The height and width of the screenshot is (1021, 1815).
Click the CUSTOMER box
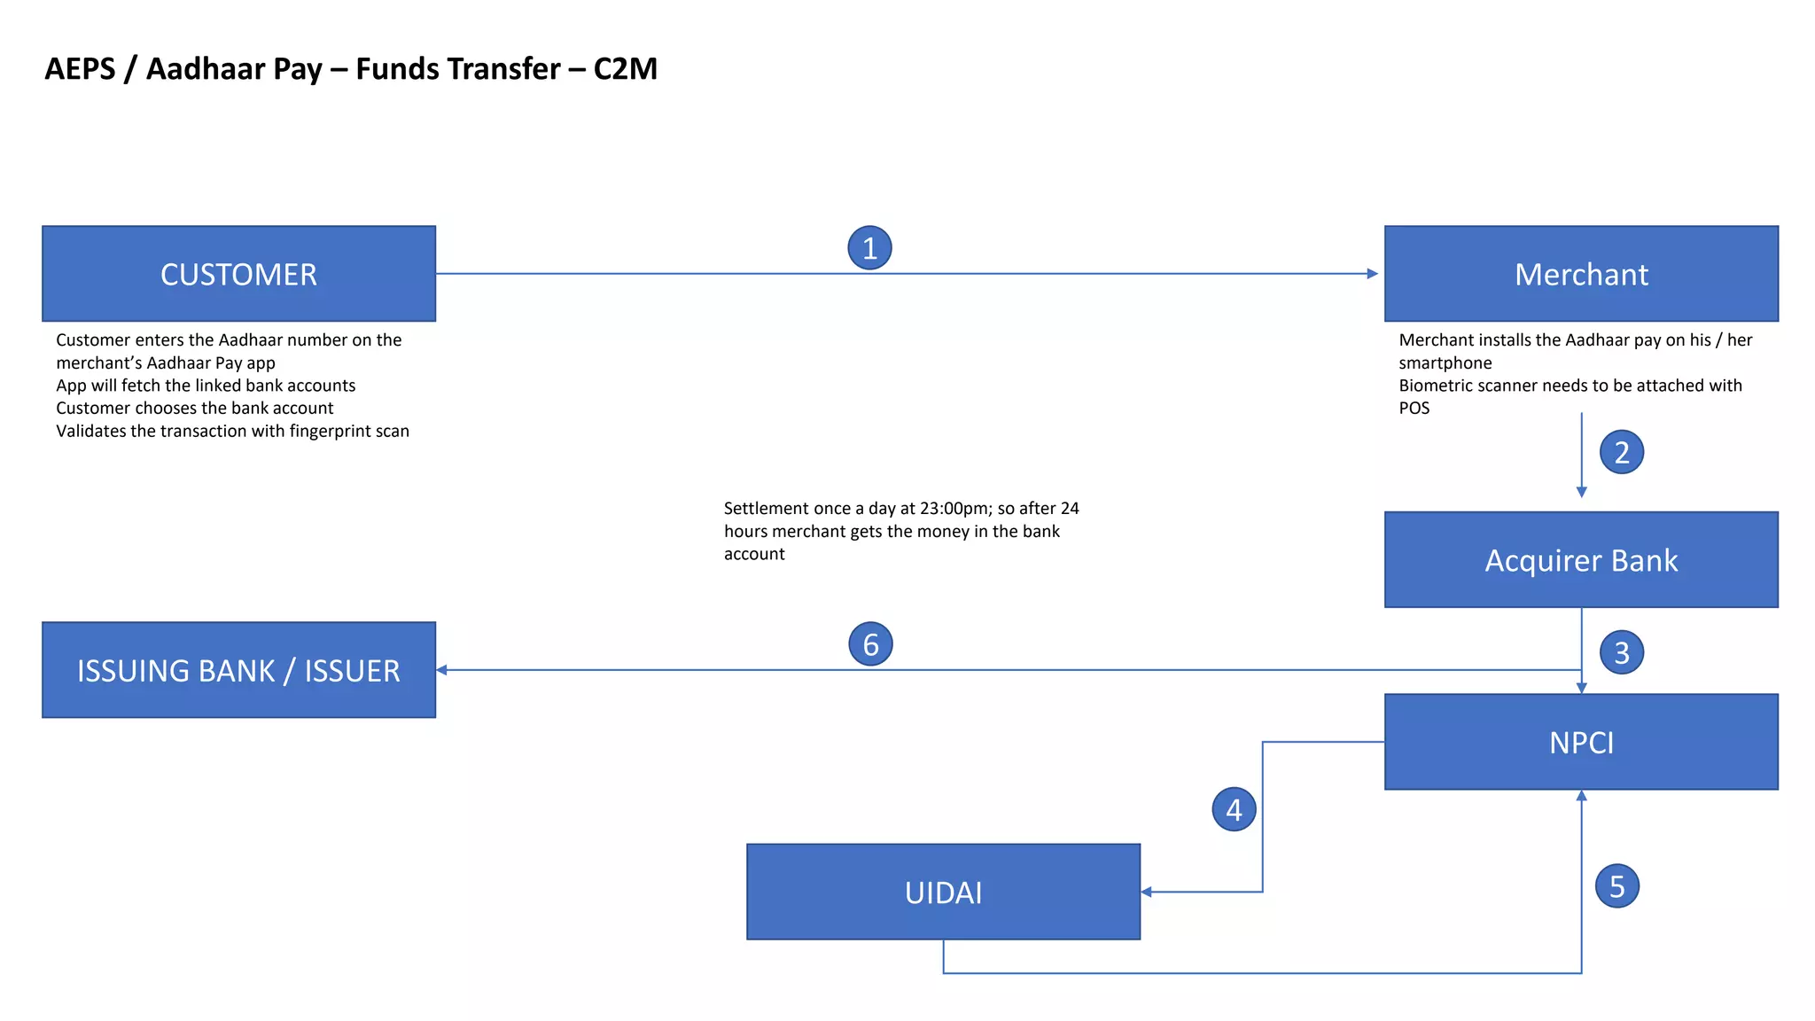[238, 274]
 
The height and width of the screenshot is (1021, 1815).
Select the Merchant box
[1581, 274]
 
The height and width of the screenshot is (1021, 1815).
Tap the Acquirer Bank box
[1581, 560]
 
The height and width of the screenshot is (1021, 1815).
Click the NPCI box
[1581, 742]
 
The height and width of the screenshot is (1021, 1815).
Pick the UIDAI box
[943, 892]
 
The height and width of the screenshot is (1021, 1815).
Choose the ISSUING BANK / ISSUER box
[238, 670]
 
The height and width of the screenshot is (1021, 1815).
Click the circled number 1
[869, 248]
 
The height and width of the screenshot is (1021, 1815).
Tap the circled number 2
[1621, 452]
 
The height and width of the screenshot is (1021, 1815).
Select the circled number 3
[1621, 653]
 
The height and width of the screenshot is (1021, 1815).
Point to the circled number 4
[1234, 809]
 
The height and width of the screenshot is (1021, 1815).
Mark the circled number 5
[1616, 886]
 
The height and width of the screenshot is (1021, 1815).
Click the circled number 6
[870, 644]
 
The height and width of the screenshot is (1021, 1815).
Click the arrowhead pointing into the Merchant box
[1373, 274]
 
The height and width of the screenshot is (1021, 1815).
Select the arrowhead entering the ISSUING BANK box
[441, 670]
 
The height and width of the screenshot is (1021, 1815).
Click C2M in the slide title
[625, 68]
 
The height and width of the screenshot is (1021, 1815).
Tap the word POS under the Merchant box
[1414, 409]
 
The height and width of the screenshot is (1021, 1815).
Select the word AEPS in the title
[80, 68]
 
